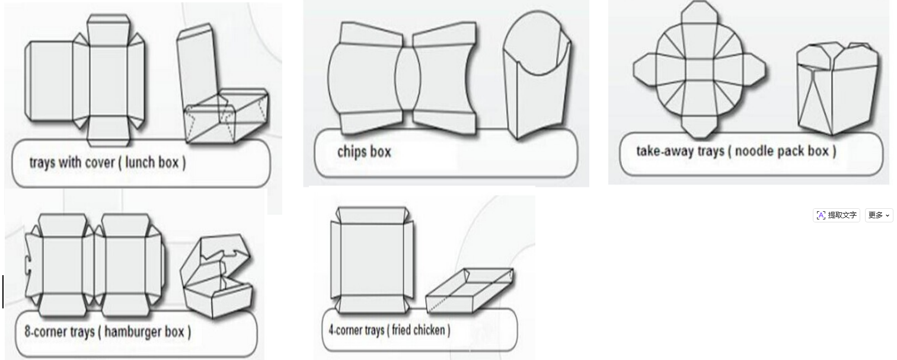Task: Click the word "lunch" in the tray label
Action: tap(139, 163)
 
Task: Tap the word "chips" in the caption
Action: tap(352, 152)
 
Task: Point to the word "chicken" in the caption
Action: tap(429, 330)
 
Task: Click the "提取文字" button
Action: tap(836, 215)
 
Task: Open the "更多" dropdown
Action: tap(879, 215)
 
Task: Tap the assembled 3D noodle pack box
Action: tap(837, 88)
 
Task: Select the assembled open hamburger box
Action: tap(216, 276)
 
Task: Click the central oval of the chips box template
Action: tap(408, 78)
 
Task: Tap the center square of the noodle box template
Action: tap(699, 71)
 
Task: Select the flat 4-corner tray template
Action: tap(372, 260)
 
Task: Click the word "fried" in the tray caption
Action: tap(401, 330)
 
